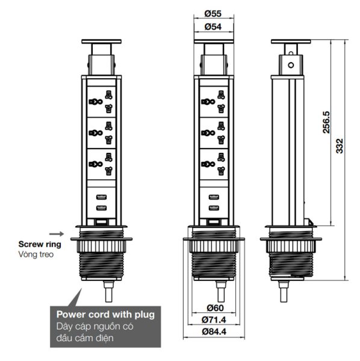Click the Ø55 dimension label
click(213, 14)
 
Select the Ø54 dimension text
click(213, 26)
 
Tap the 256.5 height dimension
click(326, 122)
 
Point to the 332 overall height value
click(340, 146)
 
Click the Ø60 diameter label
click(215, 307)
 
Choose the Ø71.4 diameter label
click(214, 319)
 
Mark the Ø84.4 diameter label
click(214, 332)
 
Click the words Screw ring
click(40, 244)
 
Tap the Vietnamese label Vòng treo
click(36, 255)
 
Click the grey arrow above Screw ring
click(57, 234)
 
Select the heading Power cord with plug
click(105, 315)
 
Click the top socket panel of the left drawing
click(101, 102)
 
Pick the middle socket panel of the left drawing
click(101, 133)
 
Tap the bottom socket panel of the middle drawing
click(214, 164)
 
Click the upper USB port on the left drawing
click(101, 197)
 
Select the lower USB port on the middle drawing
click(214, 208)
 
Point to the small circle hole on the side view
click(291, 65)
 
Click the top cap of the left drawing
click(101, 42)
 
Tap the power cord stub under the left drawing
click(108, 291)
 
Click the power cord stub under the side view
click(284, 291)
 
